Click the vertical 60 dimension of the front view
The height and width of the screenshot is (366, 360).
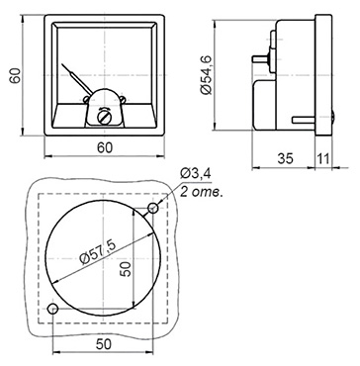15,75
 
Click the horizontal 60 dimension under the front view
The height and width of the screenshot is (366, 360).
105,148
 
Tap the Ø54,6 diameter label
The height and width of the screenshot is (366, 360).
207,75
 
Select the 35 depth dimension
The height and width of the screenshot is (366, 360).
285,159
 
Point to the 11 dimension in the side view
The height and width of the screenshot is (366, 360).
323,159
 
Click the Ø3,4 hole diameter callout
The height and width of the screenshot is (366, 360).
196,173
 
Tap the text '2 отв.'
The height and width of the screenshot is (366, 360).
202,192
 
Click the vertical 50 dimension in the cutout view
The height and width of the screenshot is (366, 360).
126,268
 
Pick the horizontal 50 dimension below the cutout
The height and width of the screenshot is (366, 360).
104,344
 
